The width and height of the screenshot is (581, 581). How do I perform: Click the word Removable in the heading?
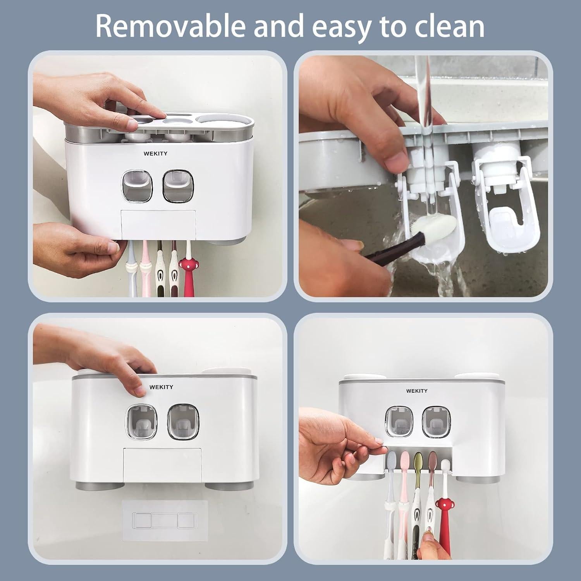(170, 26)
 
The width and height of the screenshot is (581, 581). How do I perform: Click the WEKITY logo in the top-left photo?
(155, 153)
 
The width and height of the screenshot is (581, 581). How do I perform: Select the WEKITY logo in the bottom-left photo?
(161, 387)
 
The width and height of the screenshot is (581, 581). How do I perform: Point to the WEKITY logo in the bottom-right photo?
(417, 391)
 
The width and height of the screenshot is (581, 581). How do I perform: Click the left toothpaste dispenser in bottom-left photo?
(142, 421)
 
